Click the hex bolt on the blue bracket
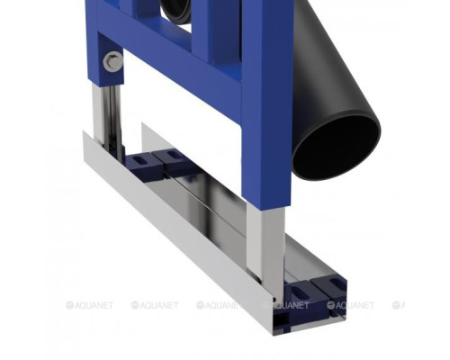coord(112,61)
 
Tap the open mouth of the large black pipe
coord(336,146)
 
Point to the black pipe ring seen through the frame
coord(176,12)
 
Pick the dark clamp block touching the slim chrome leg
coord(143,165)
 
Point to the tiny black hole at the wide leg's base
coord(274,299)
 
